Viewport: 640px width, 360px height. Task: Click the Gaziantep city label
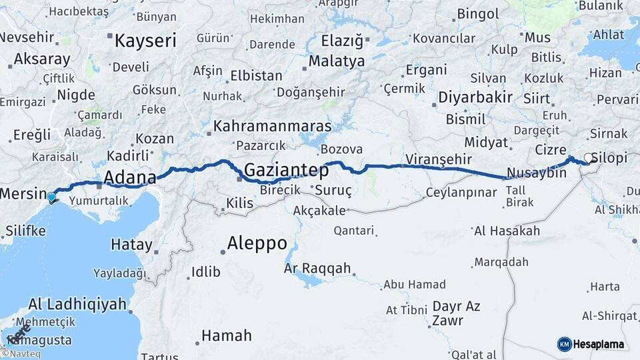[x=286, y=171]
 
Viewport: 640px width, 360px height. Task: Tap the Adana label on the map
[x=129, y=178]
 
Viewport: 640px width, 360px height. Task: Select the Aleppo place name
[x=257, y=243]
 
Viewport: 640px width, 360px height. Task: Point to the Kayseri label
[x=145, y=41]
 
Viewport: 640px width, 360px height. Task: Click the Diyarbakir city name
[x=475, y=97]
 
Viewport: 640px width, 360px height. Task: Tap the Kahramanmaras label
[x=273, y=126]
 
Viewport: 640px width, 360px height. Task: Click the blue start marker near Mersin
[x=52, y=197]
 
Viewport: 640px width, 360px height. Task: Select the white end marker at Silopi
[x=589, y=158]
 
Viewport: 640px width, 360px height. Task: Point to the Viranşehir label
[x=439, y=159]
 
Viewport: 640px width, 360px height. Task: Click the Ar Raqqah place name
[x=317, y=268]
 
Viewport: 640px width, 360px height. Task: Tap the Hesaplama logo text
[x=598, y=345]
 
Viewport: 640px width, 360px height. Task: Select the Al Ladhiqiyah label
[x=77, y=305]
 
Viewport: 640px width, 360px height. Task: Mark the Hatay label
[x=131, y=244]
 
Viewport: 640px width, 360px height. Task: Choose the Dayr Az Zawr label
[x=456, y=313]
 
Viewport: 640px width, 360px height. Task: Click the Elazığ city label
[x=342, y=41]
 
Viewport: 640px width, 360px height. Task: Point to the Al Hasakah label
[x=507, y=231]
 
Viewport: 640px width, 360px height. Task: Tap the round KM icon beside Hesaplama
[x=564, y=344]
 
